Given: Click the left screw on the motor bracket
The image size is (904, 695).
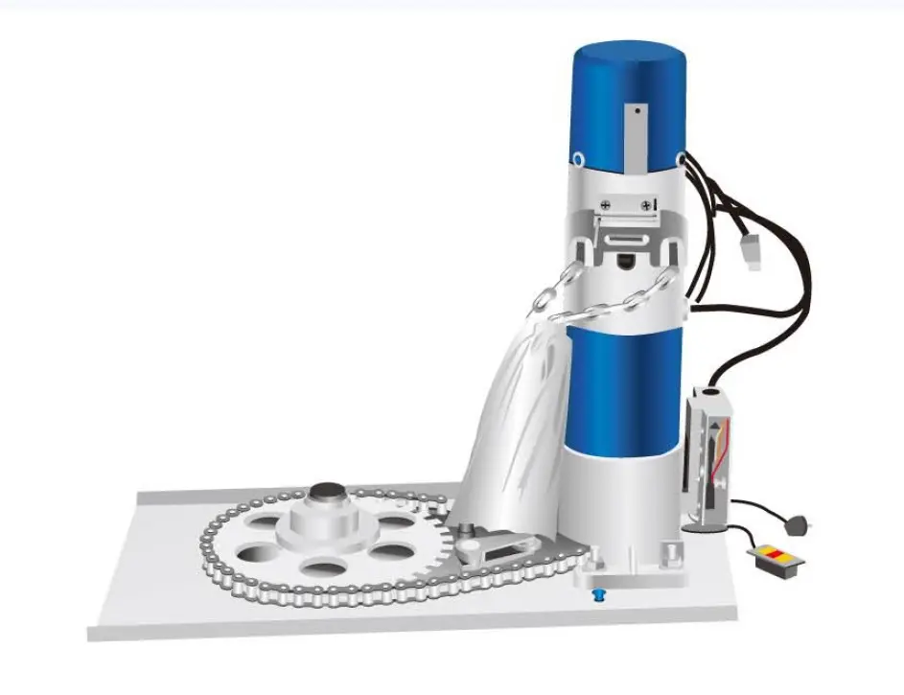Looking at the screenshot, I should click(606, 203).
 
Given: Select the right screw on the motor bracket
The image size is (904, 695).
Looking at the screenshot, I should click(648, 203).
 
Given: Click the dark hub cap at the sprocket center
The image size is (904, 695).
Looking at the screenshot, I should click(327, 495).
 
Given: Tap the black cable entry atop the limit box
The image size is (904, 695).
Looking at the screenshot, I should click(709, 391).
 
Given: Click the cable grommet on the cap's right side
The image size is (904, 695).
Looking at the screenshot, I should click(681, 155).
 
